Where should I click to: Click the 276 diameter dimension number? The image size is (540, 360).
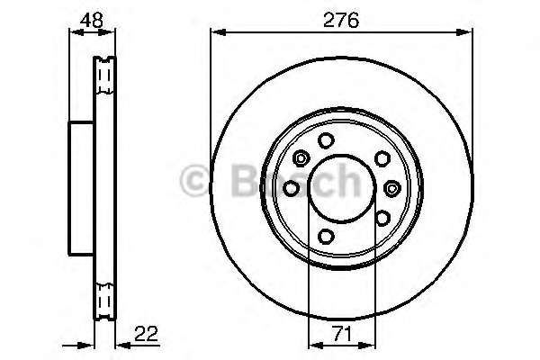click(x=341, y=20)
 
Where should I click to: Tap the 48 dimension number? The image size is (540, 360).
click(x=91, y=21)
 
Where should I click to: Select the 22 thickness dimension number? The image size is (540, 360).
click(x=146, y=334)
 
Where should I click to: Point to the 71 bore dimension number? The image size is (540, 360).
click(x=342, y=334)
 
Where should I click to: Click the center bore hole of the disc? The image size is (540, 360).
click(x=342, y=188)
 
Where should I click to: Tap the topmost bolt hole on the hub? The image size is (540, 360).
click(x=326, y=140)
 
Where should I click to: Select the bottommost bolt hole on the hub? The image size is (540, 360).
click(x=326, y=236)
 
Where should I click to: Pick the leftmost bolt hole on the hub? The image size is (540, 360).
click(x=292, y=188)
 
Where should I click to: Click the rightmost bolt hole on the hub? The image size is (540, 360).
click(x=391, y=188)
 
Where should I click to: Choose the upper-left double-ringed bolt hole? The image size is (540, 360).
click(x=301, y=158)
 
